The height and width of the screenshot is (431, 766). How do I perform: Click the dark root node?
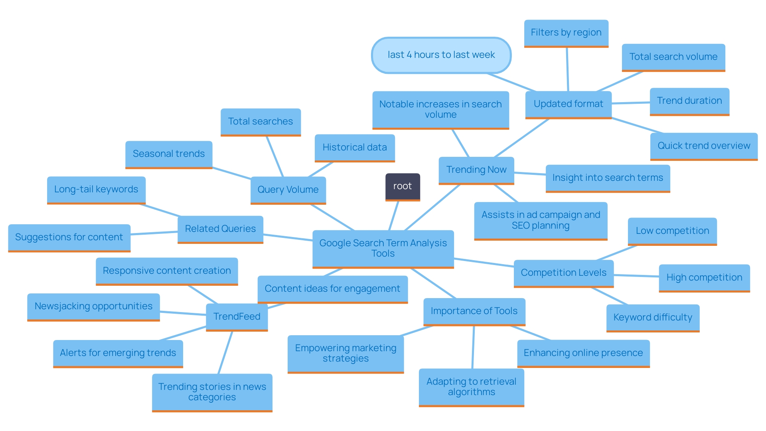click(402, 186)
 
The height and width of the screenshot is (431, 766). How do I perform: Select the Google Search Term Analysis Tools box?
click(383, 248)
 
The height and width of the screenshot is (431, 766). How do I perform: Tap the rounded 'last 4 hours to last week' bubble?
click(441, 55)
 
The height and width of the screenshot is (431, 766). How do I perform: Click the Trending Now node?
click(476, 170)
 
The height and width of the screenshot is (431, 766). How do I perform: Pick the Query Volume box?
click(288, 190)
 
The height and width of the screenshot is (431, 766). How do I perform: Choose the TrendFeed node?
click(237, 317)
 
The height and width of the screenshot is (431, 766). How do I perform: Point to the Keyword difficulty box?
click(652, 318)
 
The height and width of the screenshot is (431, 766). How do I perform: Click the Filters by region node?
click(566, 33)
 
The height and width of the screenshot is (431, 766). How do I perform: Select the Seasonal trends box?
click(168, 154)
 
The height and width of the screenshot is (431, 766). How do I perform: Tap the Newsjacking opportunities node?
click(93, 306)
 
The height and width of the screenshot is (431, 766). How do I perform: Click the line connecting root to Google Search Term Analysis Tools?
click(394, 215)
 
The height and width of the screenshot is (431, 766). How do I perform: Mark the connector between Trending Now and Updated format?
click(521, 138)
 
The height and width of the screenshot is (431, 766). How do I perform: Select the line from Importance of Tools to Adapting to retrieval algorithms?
click(473, 347)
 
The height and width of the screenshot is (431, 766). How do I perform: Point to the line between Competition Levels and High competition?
click(636, 275)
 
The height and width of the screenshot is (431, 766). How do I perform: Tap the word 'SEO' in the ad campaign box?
click(520, 226)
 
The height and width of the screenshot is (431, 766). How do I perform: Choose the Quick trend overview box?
click(703, 146)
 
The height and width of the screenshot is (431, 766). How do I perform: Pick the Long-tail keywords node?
click(96, 190)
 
